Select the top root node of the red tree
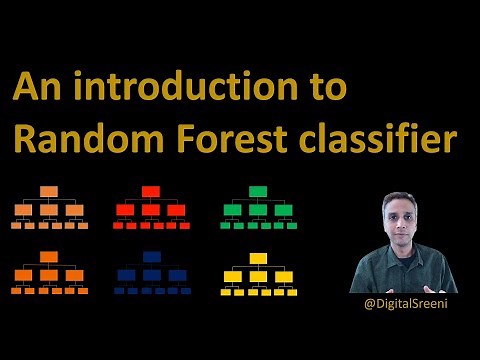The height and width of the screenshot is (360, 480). click(151, 192)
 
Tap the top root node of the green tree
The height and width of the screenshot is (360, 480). click(258, 192)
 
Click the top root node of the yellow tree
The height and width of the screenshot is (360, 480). click(258, 258)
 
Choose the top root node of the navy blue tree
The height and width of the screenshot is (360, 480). click(151, 257)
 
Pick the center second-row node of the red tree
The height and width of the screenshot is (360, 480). click(151, 210)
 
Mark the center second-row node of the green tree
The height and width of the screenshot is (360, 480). click(258, 210)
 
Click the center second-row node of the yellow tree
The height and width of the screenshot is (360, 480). click(258, 276)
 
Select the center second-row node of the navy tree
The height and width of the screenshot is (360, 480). click(151, 275)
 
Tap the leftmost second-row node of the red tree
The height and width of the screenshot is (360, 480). click(125, 210)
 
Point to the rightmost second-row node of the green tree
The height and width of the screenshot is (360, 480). click(284, 210)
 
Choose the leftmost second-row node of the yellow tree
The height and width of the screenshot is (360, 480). click(232, 276)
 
